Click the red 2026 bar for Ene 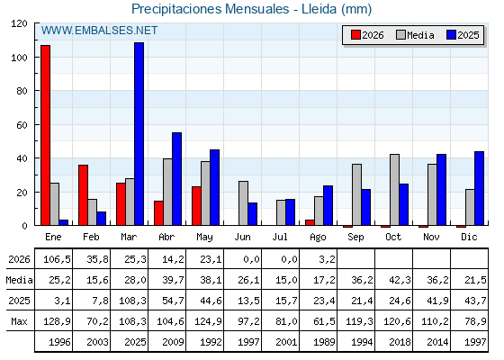pos(45,135)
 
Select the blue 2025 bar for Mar pos(139,134)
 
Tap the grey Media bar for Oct pos(395,190)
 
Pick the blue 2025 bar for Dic pos(479,188)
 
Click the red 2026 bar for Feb pos(83,195)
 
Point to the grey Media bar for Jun pos(243,203)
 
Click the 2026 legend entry pos(367,35)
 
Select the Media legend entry pos(415,35)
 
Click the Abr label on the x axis pos(166,237)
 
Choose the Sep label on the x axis pos(355,237)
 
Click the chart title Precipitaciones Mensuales pos(211,9)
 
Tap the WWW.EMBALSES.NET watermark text pos(99,31)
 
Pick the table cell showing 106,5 pos(57,259)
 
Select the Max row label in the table pos(19,321)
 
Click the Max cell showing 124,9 pos(208,321)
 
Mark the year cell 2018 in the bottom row pos(400,342)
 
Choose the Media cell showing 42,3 pos(400,280)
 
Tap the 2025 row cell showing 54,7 pos(173,301)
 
